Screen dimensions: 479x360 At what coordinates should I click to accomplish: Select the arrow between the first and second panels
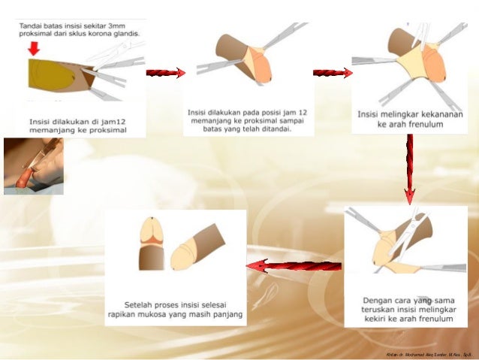(165, 73)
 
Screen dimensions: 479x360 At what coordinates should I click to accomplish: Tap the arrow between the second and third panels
(333, 73)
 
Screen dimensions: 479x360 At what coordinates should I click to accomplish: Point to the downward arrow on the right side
(409, 168)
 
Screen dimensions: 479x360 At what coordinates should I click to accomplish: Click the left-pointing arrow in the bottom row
(294, 265)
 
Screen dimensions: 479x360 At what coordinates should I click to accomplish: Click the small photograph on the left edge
(34, 166)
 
